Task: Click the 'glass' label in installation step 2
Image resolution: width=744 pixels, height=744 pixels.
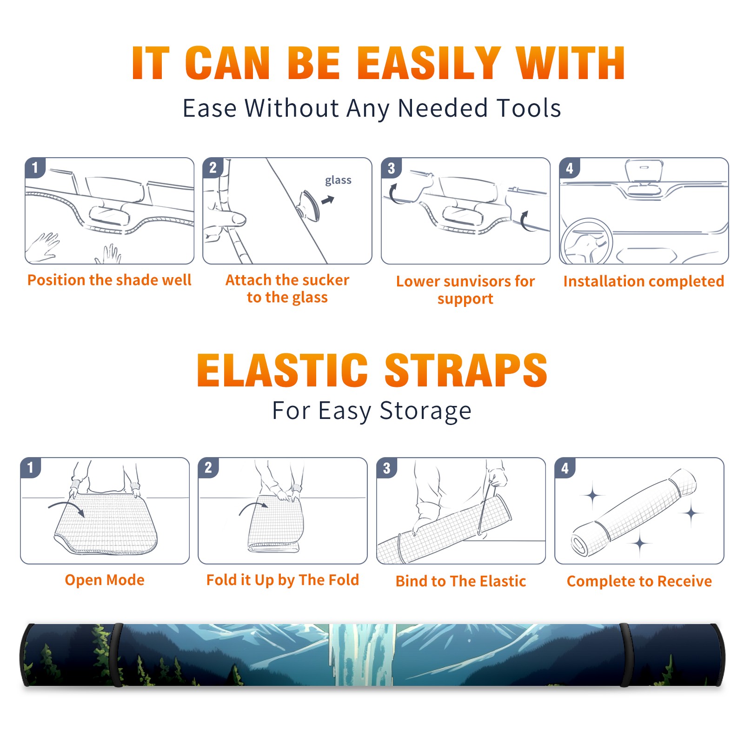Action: point(338,180)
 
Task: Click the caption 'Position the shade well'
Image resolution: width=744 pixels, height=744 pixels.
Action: point(109,280)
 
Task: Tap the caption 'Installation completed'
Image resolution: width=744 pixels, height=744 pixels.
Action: point(644,281)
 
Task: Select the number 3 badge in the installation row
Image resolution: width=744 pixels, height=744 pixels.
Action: point(392,168)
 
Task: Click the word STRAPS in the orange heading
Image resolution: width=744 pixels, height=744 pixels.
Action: point(466,370)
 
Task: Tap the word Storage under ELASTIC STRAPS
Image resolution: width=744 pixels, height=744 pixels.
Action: point(425,411)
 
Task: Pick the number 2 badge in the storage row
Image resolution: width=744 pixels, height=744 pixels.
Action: point(208,468)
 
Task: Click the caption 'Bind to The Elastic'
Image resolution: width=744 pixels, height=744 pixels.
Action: point(460,581)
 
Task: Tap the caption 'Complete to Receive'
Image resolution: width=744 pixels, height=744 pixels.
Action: point(639,581)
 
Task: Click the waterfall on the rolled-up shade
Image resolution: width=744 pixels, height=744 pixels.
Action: point(362,655)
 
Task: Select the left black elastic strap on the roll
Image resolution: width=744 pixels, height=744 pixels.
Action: point(117,655)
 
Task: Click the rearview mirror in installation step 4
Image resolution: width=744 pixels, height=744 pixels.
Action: point(644,171)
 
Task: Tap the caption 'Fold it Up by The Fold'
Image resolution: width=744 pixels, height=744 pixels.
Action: point(283,580)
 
